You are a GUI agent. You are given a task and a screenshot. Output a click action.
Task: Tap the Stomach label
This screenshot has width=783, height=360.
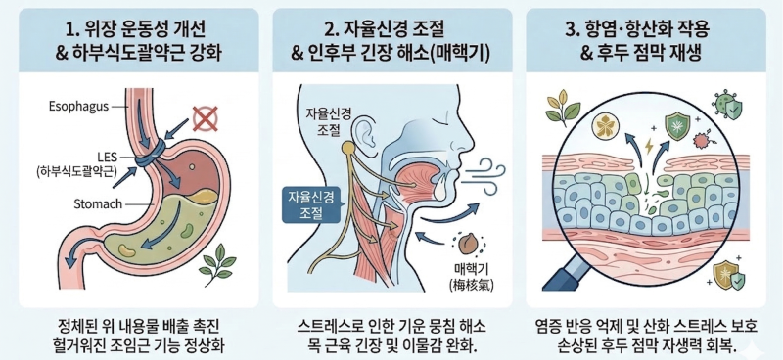[x=98, y=204]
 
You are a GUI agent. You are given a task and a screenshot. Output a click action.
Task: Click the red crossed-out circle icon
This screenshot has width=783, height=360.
[x=206, y=119]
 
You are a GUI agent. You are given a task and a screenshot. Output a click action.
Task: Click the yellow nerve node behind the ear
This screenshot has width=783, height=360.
[x=348, y=148]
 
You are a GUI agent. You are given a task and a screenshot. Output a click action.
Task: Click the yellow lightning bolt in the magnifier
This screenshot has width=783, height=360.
[x=649, y=146]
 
